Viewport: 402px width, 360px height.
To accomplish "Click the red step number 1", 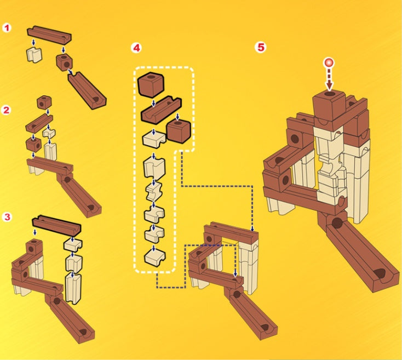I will point(7,27).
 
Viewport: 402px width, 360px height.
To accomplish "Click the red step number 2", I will point(7,110).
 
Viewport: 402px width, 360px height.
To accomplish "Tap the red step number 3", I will point(7,217).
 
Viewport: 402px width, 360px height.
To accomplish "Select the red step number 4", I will point(136,48).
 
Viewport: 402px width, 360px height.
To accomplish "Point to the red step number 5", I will point(261,47).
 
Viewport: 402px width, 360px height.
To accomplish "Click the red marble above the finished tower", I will point(329,63).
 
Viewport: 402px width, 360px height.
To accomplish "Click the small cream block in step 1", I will point(35,54).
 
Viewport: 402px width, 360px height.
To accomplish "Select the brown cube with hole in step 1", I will point(64,62).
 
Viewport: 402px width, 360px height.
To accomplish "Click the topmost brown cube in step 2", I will point(44,102).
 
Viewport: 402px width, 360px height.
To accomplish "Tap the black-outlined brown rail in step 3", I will point(56,225).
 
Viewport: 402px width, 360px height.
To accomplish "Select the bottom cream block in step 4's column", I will point(154,256).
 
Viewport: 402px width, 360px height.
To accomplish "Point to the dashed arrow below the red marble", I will point(329,79).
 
